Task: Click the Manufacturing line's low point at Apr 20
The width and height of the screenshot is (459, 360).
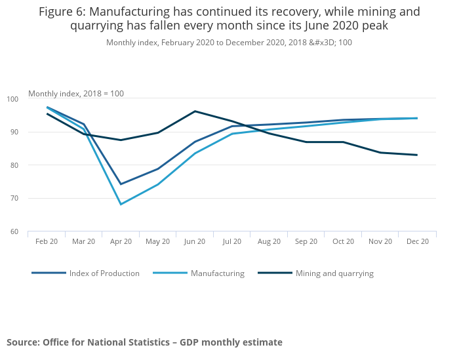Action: [121, 204]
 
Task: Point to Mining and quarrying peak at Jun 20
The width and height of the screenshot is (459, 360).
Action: [195, 111]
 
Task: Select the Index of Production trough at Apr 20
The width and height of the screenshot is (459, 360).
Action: [121, 184]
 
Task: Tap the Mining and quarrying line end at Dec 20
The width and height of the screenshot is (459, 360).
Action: [417, 155]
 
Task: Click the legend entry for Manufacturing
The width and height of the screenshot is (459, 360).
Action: [217, 273]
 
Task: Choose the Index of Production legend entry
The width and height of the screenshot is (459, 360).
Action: [104, 273]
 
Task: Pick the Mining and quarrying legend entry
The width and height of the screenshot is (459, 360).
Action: [334, 273]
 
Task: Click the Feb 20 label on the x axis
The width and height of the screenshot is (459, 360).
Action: [47, 241]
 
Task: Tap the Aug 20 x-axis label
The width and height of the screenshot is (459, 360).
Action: [269, 241]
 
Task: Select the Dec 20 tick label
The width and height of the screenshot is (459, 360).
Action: [417, 241]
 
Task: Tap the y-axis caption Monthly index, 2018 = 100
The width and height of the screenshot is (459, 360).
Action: [76, 93]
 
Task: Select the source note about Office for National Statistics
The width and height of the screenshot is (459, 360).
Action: [144, 342]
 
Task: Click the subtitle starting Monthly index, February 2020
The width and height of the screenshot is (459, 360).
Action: [229, 43]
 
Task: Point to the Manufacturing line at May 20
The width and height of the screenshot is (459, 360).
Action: [158, 184]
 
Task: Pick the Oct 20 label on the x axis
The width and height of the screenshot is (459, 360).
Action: [343, 241]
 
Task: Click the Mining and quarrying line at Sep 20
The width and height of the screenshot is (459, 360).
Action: [306, 142]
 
